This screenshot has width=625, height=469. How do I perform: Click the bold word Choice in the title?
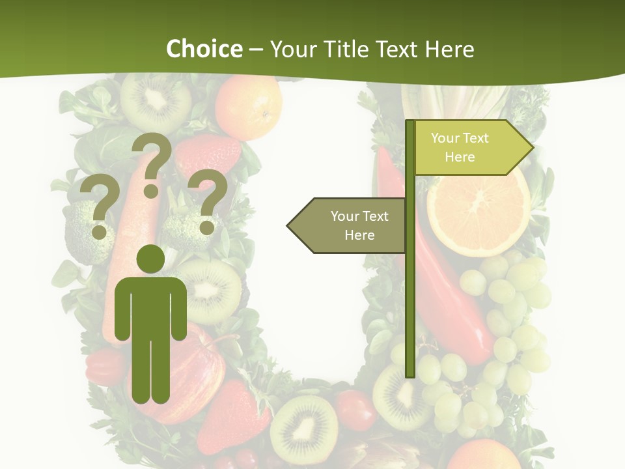204,49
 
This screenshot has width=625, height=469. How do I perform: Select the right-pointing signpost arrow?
472,148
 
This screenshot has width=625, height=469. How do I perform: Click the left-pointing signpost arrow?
348,225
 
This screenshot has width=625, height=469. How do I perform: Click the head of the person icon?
150,259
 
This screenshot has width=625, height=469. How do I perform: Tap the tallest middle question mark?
152,163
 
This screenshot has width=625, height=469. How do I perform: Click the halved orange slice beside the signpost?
478,212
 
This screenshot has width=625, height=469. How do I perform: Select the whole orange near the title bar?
249,106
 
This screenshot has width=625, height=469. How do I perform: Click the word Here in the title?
450,49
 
